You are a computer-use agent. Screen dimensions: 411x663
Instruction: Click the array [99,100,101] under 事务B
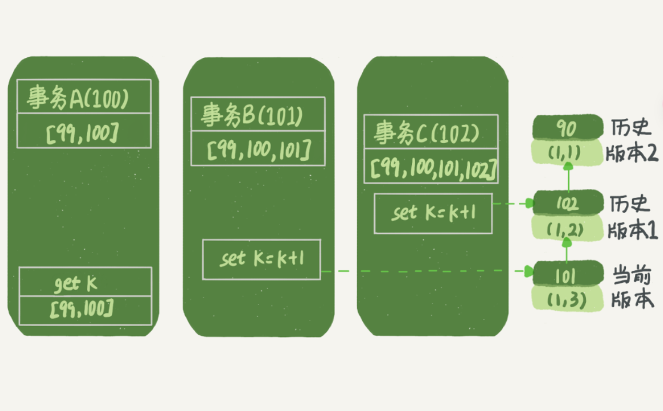click(x=258, y=151)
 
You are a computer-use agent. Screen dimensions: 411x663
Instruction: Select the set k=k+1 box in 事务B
click(x=261, y=259)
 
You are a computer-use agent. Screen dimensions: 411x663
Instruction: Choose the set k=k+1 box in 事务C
click(x=433, y=213)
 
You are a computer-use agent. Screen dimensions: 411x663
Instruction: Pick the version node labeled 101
click(x=566, y=276)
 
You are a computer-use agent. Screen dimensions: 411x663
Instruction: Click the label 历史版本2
click(x=631, y=141)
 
